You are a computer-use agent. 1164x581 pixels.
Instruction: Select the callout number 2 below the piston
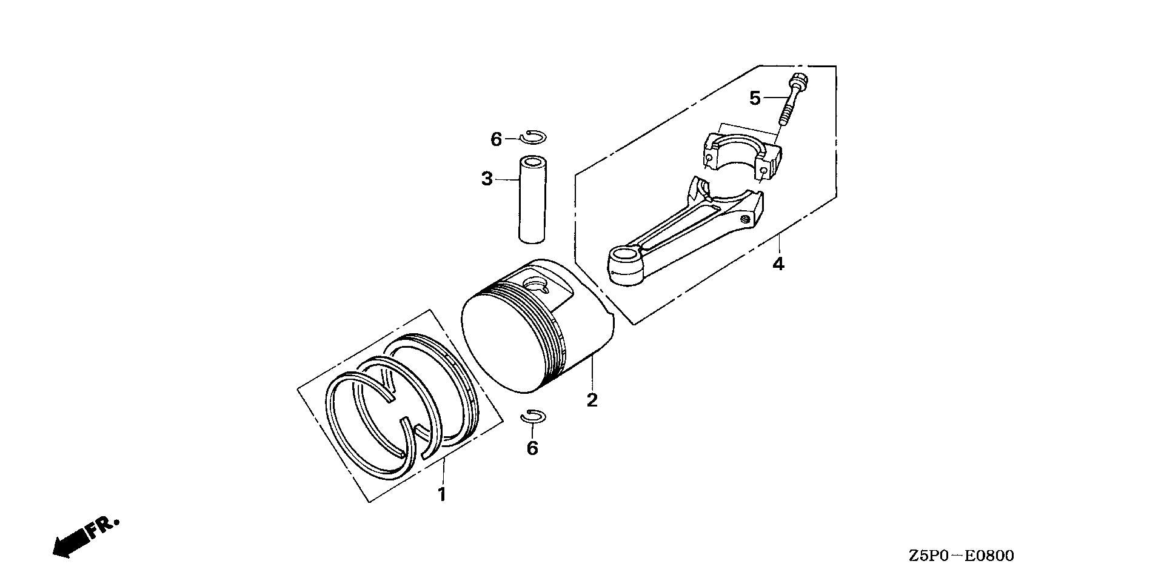[592, 400]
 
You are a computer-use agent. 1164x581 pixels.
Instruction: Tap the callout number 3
[487, 179]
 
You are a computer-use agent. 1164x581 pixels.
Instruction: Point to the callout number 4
[778, 264]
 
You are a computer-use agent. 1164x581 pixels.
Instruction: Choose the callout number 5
[755, 98]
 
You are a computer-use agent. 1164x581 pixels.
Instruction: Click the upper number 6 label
[497, 140]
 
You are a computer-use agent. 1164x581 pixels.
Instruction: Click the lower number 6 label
[532, 448]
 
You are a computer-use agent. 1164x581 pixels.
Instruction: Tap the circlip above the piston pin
[534, 137]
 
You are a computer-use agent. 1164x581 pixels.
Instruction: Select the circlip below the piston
[534, 416]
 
